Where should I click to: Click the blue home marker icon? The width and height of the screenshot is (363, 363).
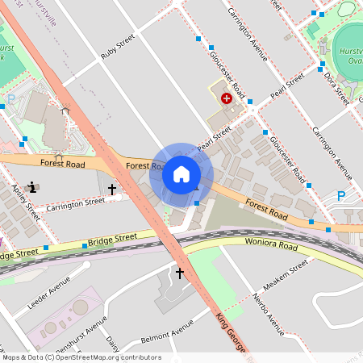[x=181, y=174]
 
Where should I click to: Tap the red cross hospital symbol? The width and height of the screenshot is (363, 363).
[x=227, y=98]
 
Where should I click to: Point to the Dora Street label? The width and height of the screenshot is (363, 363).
[x=336, y=88]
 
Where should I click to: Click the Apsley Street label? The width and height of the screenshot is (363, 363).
[x=26, y=201]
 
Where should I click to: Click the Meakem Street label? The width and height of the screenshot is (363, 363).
[x=288, y=273]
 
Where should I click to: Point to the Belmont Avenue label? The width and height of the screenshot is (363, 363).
[x=167, y=331]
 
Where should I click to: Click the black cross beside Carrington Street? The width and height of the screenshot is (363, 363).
[x=112, y=189]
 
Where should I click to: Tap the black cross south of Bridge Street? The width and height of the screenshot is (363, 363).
[x=179, y=273]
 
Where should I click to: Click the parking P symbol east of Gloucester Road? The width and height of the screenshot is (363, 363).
[x=341, y=196]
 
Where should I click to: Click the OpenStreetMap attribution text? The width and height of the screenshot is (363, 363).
[x=81, y=357]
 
